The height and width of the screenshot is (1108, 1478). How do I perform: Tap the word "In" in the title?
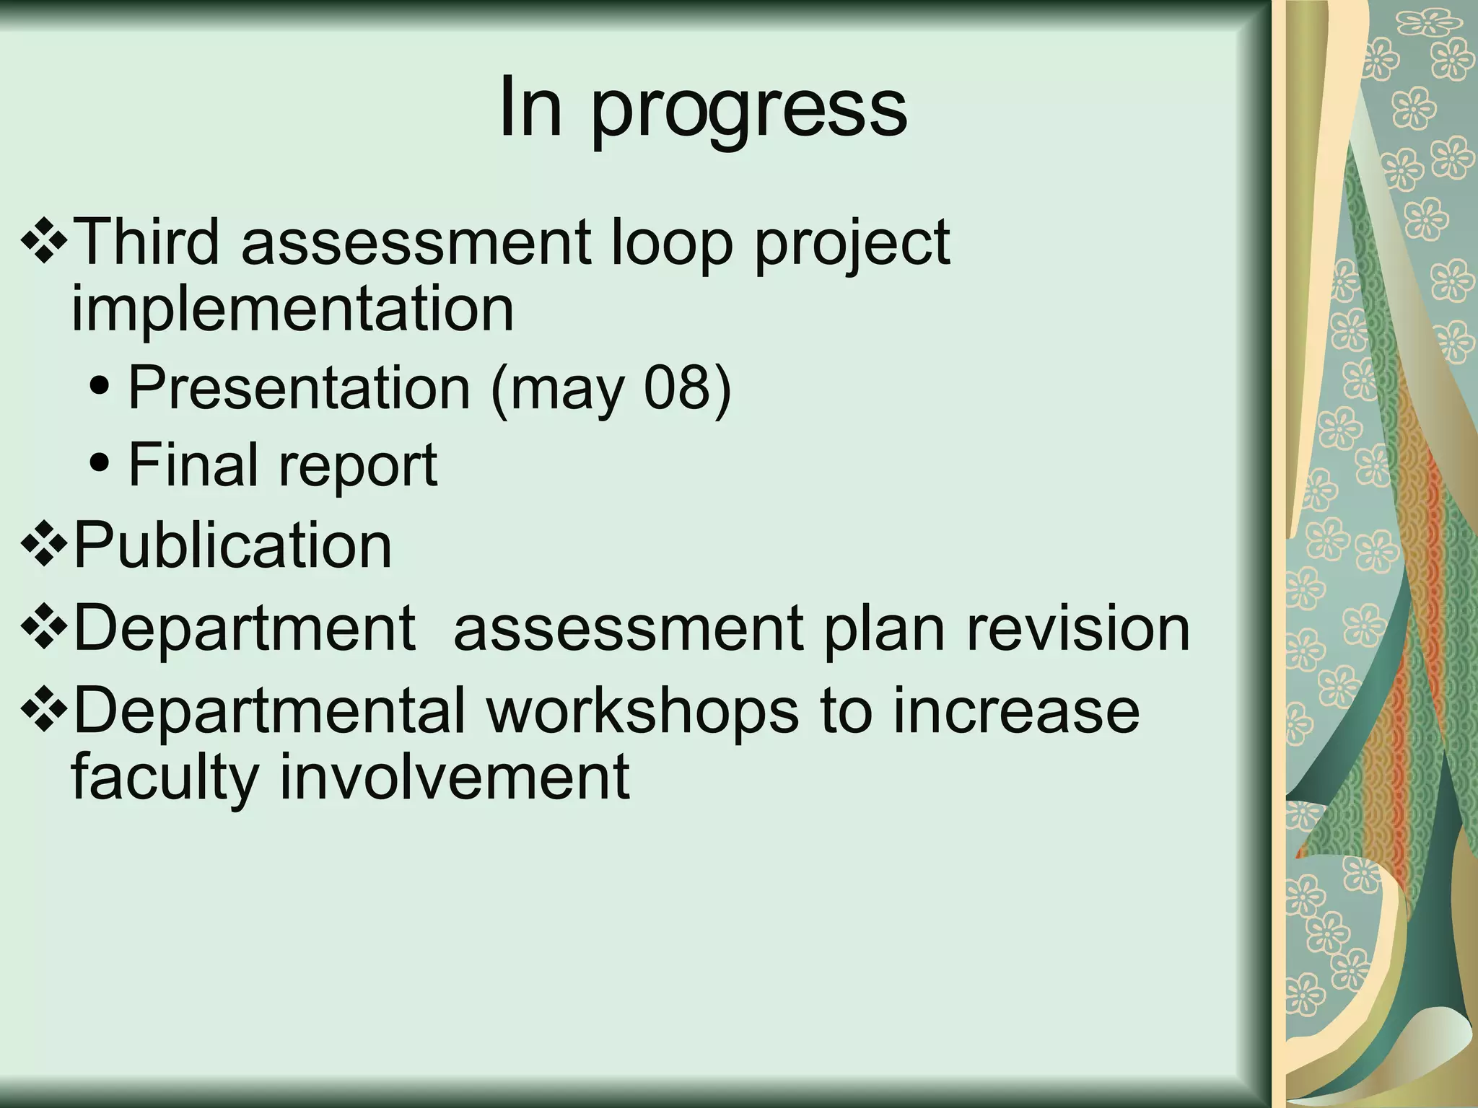point(530,108)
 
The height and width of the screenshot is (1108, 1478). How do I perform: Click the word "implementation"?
point(292,310)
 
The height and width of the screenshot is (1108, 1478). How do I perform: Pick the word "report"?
point(358,467)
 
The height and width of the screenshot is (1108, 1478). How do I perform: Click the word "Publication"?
point(232,545)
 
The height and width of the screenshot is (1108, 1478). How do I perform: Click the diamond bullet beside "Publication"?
point(45,547)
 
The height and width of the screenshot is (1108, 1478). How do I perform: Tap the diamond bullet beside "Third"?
point(45,244)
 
